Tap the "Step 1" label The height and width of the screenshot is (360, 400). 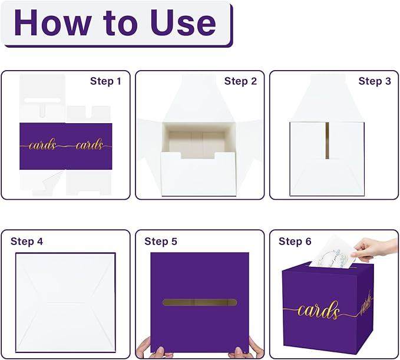[105, 81]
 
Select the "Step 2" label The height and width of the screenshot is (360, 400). [240, 81]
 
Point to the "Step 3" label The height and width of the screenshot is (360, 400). [375, 81]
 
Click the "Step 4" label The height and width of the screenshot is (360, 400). [27, 242]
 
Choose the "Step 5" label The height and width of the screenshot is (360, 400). [161, 242]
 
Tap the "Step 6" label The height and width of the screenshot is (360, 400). [295, 242]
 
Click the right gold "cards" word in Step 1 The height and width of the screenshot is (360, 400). [88, 144]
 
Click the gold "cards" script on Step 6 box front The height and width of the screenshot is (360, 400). [318, 311]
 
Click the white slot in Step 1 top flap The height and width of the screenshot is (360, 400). [42, 101]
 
